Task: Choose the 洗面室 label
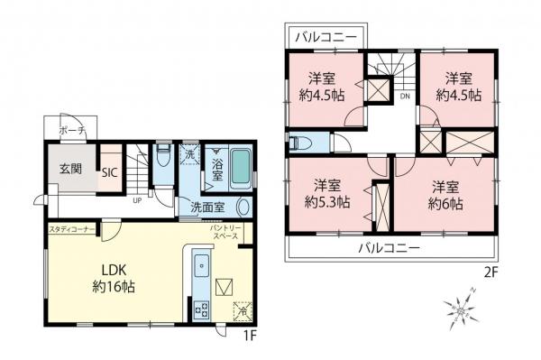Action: tap(207, 207)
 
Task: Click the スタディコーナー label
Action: tap(69, 229)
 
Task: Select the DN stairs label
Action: tap(406, 96)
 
